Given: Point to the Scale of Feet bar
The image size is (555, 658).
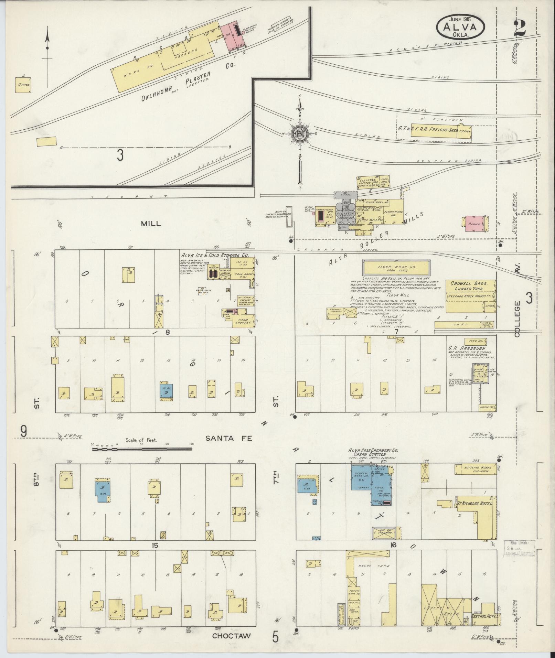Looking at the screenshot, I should (x=142, y=448).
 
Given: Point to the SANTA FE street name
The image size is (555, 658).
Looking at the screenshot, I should (x=229, y=438).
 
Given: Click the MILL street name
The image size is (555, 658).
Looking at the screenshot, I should (x=151, y=223).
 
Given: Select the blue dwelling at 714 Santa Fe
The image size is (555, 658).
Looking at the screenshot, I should (x=166, y=390).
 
